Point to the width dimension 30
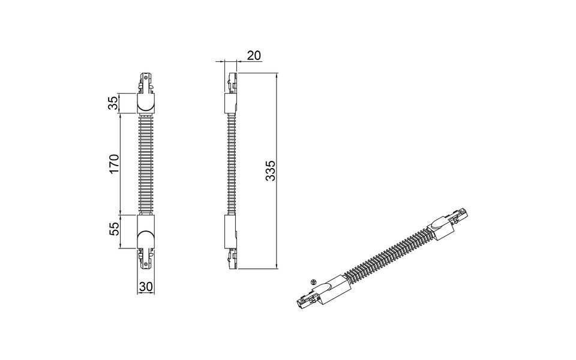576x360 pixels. [145, 287]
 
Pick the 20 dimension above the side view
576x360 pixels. [254, 55]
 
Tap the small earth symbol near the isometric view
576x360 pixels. [313, 281]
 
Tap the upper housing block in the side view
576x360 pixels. [231, 103]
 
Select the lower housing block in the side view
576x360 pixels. [231, 231]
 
